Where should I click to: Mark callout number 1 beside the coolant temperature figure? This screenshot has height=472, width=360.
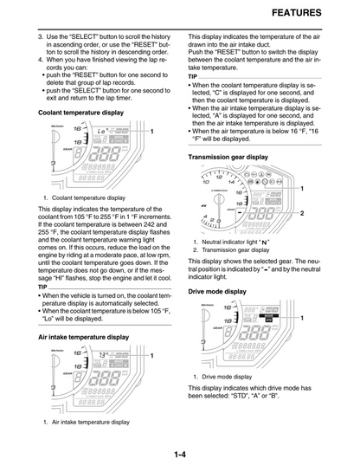pyautogui.click(x=152, y=131)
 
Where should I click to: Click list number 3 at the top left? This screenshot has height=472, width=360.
pyautogui.click(x=41, y=40)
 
